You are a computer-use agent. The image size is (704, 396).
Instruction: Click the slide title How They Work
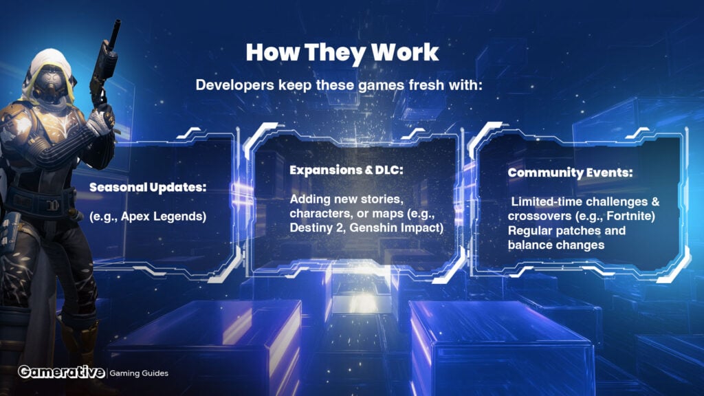(342, 52)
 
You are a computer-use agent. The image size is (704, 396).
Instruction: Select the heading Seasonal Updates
(148, 187)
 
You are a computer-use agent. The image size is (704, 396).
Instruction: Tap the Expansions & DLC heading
(346, 170)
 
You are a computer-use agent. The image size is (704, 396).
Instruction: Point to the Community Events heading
(570, 173)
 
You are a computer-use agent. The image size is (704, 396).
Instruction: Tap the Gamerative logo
(61, 372)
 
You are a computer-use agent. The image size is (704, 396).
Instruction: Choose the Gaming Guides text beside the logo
(139, 373)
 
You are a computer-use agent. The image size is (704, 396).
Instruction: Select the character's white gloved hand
(101, 120)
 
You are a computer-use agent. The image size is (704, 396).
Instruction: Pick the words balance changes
(556, 245)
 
